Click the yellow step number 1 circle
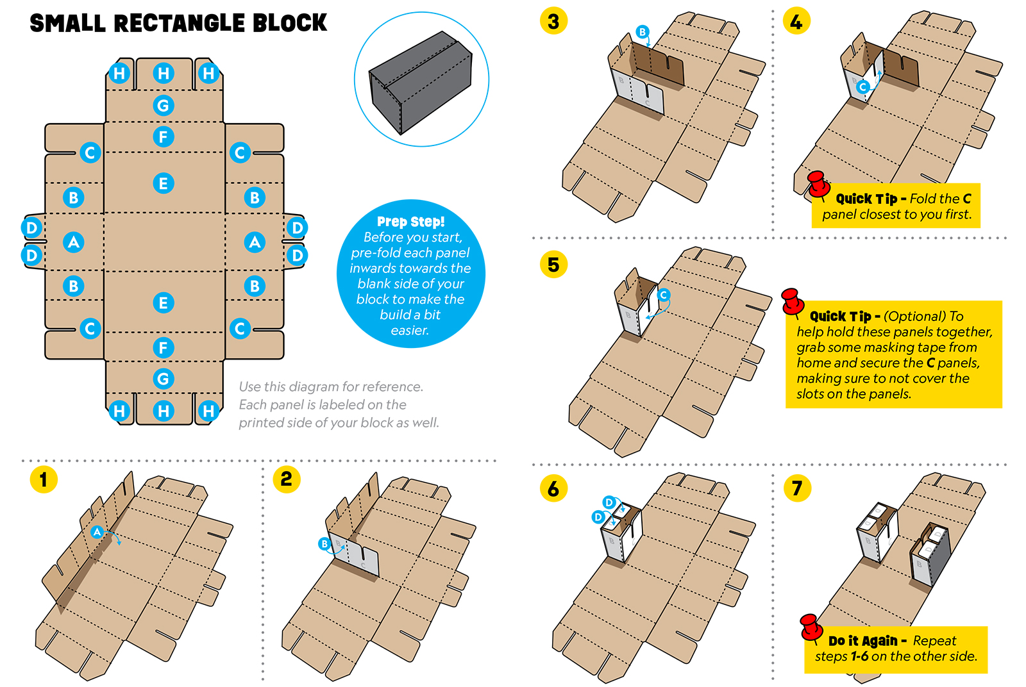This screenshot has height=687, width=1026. pos(44,479)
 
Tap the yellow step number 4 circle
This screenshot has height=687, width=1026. pos(796,22)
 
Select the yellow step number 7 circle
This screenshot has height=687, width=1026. pos(797,488)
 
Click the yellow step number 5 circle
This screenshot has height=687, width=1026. pos(553,264)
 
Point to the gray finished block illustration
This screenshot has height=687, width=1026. pos(421,80)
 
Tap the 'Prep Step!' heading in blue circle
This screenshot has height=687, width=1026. pos(410,222)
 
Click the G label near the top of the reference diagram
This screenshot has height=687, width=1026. pos(164,105)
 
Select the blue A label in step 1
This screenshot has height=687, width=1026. pos(97,531)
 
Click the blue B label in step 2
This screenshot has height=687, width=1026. pos(324,544)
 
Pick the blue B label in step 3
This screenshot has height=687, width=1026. pos(642,31)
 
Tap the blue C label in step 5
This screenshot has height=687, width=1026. pos(664,295)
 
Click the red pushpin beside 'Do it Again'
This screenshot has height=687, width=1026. pos(811,627)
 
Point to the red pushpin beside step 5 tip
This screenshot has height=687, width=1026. pos(792,301)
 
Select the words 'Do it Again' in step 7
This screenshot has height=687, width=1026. pos(862,641)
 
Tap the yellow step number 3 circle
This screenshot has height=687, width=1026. pos(553,22)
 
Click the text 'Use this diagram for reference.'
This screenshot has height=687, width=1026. pos(331,386)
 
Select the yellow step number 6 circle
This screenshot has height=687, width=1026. pos(553,488)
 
